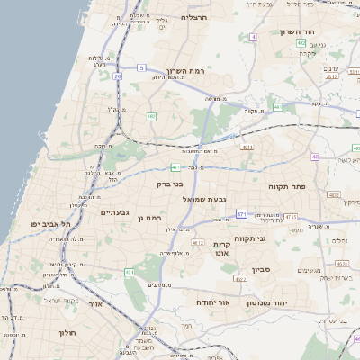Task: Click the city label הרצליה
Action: point(194,17)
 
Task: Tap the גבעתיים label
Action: point(117,212)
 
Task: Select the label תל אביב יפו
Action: point(49,223)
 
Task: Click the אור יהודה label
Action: point(212,302)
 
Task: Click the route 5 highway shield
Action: point(141,67)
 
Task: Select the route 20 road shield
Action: point(118,76)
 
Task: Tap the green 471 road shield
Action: point(241,213)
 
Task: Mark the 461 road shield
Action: point(175,167)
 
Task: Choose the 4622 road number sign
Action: point(239,279)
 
